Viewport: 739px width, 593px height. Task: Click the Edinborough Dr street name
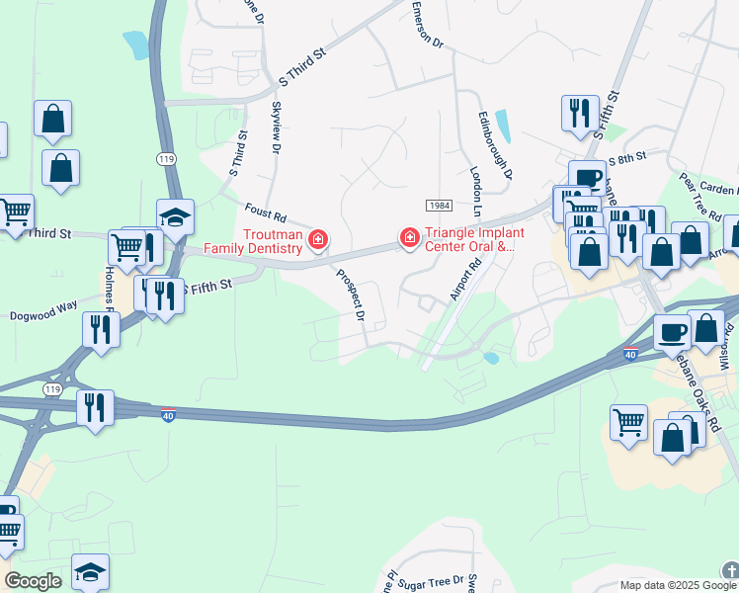[x=495, y=145]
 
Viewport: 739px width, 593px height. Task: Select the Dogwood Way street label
[x=43, y=306]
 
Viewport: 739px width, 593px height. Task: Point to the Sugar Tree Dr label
[x=429, y=583]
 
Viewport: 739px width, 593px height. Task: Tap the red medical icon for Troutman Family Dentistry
[x=318, y=238]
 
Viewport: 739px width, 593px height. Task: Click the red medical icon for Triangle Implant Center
[x=408, y=237]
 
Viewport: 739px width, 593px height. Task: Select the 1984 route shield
[x=440, y=205]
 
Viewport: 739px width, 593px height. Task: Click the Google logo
[x=33, y=581]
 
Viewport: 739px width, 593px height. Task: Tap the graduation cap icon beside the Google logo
[x=90, y=570]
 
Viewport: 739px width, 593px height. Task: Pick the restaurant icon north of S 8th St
[x=580, y=111]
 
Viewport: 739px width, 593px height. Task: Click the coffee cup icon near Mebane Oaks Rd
[x=672, y=332]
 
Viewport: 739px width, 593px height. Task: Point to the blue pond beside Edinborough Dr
[x=503, y=126]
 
